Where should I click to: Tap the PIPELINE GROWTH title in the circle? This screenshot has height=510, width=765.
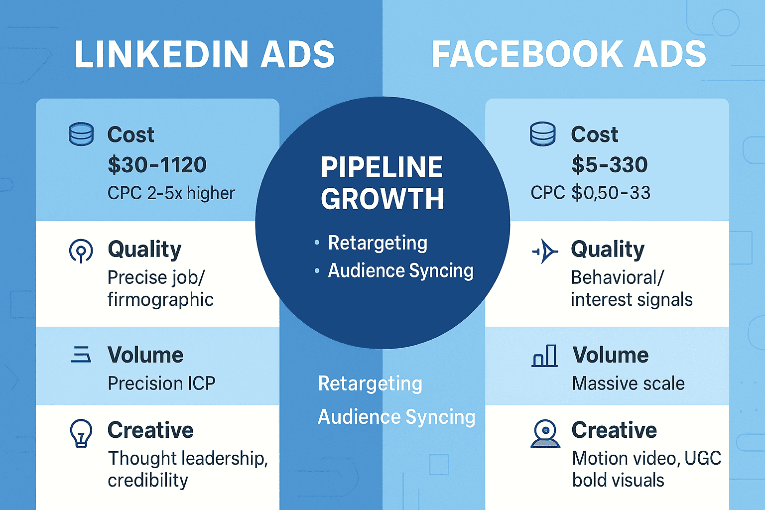click(382, 183)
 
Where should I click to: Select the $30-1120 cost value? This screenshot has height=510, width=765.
click(157, 165)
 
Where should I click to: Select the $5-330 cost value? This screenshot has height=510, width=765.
click(610, 165)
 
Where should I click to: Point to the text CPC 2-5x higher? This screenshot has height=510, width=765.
click(171, 193)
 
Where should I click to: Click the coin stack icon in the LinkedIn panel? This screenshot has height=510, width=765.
click(81, 134)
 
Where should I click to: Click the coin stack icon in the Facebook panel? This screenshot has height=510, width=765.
click(543, 134)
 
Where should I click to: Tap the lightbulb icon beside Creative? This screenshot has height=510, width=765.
click(81, 433)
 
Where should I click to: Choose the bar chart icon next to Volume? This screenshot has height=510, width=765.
click(544, 356)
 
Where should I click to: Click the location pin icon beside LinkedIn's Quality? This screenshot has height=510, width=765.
click(81, 251)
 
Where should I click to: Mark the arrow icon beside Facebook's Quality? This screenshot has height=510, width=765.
click(545, 251)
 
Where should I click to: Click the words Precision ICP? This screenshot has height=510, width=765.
click(161, 383)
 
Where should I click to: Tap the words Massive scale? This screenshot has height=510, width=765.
click(628, 383)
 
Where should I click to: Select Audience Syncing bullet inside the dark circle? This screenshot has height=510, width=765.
click(400, 271)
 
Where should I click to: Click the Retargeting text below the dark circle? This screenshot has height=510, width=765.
click(370, 384)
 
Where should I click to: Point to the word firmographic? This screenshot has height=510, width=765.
click(160, 300)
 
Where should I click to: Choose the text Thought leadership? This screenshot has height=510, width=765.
click(188, 458)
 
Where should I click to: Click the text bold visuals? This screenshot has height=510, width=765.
click(618, 480)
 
